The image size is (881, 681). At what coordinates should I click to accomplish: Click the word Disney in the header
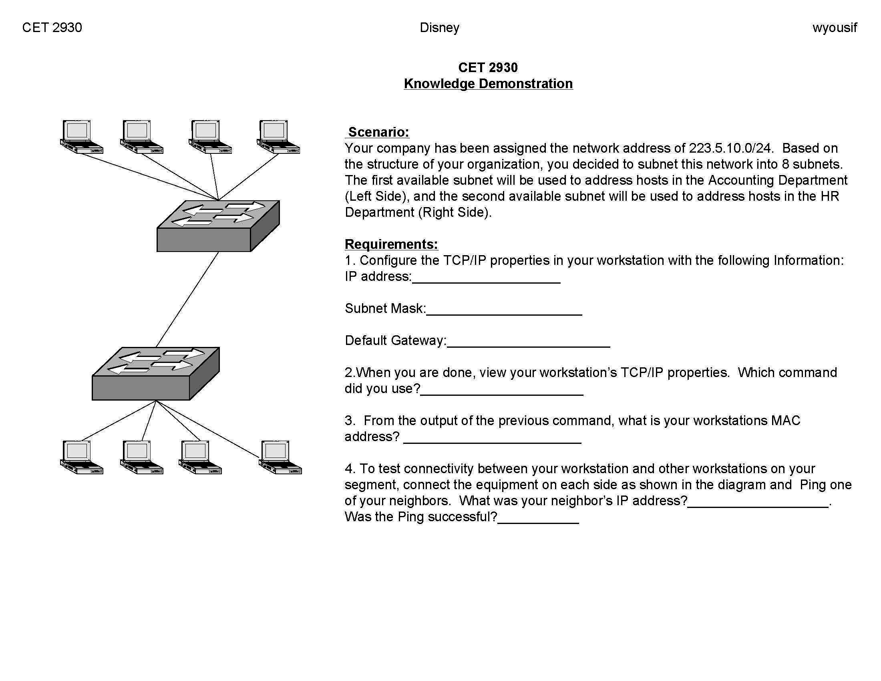tap(439, 27)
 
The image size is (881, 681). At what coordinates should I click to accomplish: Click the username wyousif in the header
tap(834, 27)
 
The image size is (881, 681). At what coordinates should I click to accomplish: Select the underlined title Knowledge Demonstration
tap(488, 83)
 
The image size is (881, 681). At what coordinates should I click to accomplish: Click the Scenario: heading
tap(378, 132)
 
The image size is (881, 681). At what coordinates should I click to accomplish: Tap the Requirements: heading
tap(391, 244)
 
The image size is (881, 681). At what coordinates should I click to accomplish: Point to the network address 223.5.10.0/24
tap(730, 148)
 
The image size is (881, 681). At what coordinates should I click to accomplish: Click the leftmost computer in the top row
tap(80, 137)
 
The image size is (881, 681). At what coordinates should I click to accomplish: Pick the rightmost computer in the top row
tap(278, 137)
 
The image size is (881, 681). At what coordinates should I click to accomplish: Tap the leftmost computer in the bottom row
tap(80, 457)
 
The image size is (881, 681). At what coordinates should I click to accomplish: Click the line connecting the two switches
tap(187, 299)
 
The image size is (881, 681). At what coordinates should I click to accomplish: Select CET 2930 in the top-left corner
tap(52, 27)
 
